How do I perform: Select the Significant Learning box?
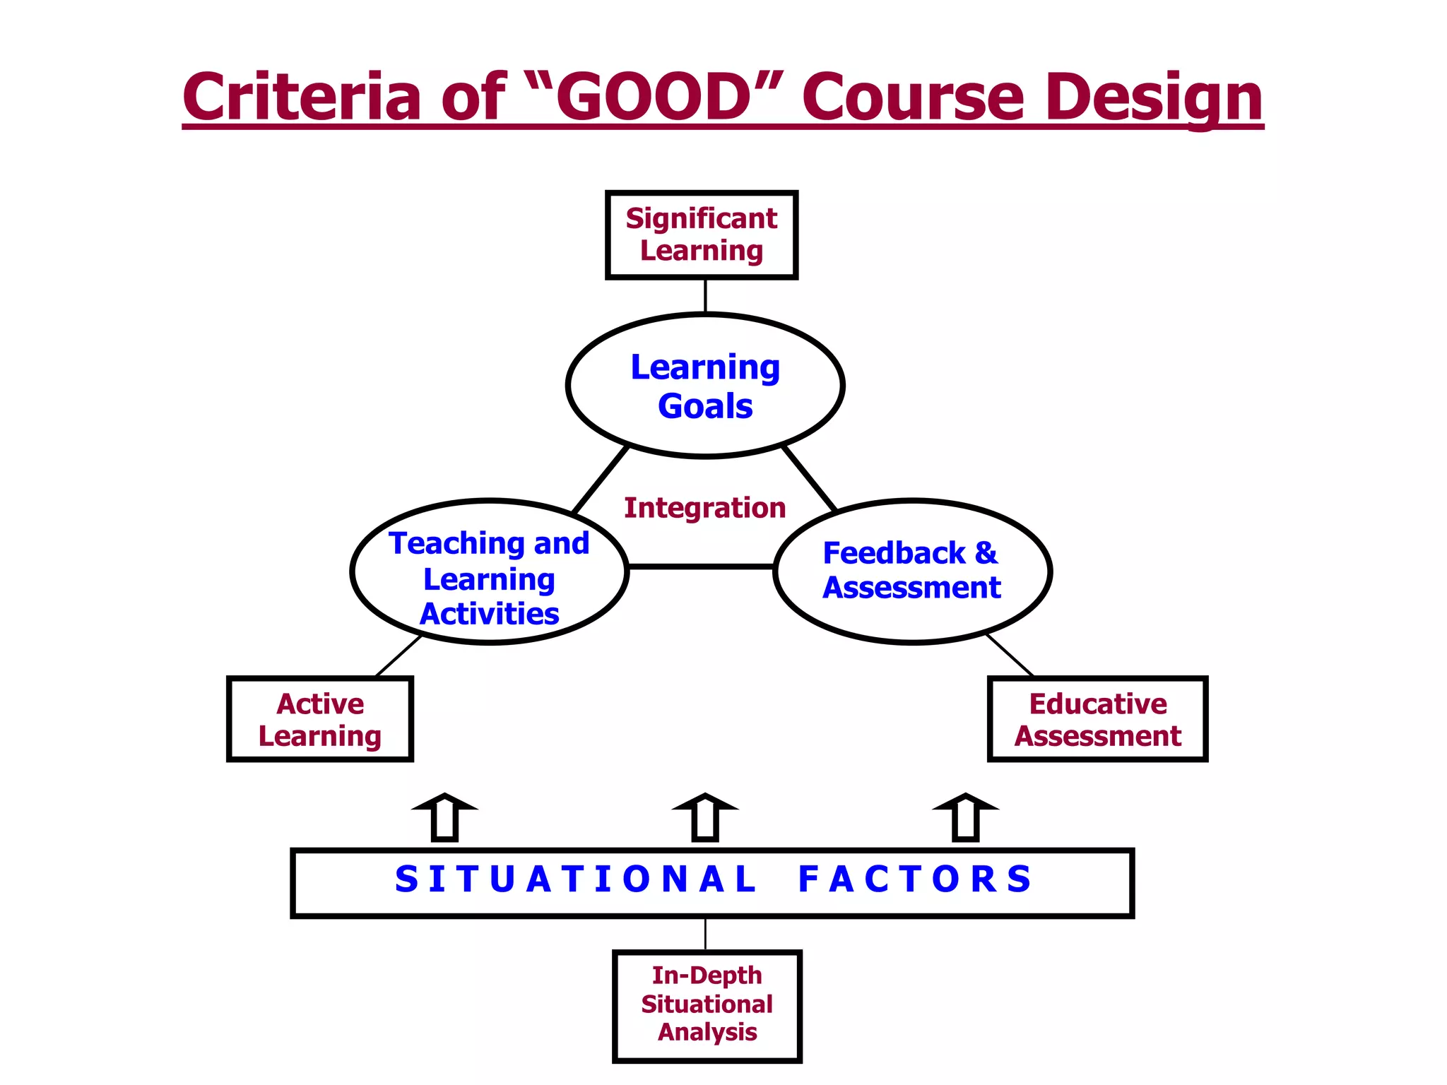point(702,235)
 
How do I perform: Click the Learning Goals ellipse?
point(705,386)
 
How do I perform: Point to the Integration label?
point(704,508)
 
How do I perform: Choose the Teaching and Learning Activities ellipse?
point(489,572)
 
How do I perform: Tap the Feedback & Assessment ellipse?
point(912,571)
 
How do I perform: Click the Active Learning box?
point(320,719)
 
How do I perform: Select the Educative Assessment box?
point(1097,719)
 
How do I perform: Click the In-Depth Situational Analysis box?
point(707,1004)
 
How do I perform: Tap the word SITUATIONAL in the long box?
point(576,880)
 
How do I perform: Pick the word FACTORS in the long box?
point(915,880)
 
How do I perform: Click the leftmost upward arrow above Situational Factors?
point(445,818)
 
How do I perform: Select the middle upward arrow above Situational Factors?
point(705,818)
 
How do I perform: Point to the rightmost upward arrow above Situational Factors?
point(966,818)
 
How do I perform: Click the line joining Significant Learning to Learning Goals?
point(705,295)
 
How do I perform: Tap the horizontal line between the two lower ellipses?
point(701,567)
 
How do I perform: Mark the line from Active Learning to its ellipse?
point(398,656)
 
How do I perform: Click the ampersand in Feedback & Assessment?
point(986,553)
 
